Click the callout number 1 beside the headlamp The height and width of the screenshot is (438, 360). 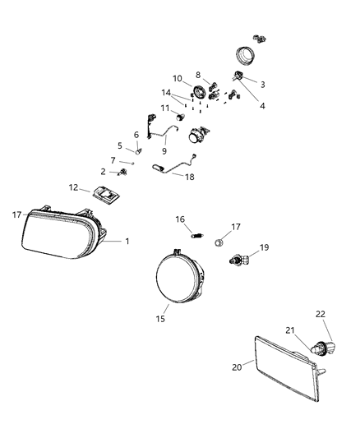coord(127,242)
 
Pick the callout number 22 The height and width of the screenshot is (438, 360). coord(321,314)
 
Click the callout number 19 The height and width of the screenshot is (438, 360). coord(264,247)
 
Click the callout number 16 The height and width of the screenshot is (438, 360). coord(181,219)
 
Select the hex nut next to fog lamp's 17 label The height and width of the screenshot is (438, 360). coord(219,243)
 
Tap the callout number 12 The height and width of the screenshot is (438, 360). coord(74,187)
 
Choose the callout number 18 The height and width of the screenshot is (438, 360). coord(189,177)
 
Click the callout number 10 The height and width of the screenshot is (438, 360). coord(177,79)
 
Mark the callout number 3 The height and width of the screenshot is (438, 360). coord(263,85)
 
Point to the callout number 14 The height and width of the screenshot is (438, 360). coord(167,93)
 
